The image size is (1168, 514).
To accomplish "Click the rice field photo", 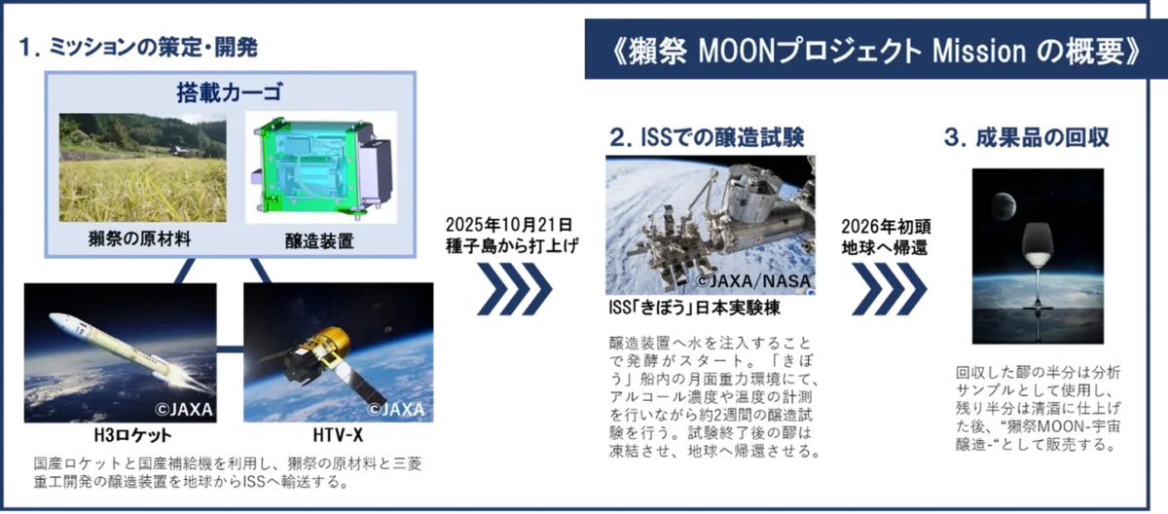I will [x=142, y=167].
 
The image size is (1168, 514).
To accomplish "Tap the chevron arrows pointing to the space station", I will [x=516, y=287].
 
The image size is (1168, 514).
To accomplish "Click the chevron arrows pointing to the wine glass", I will [x=891, y=287].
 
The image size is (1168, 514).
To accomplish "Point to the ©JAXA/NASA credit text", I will [x=751, y=282].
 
